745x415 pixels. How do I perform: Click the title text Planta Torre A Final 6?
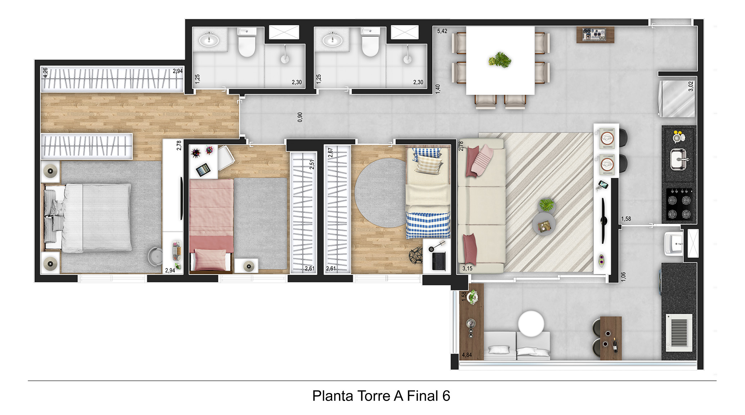[x=381, y=396]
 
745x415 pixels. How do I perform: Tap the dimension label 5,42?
[x=442, y=31]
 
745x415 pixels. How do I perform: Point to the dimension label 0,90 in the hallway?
[x=300, y=117]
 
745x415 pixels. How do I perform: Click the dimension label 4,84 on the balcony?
[x=467, y=355]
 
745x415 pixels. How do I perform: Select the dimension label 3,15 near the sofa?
[x=467, y=268]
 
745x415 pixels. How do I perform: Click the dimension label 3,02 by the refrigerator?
[x=691, y=86]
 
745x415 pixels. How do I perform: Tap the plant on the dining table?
[x=500, y=60]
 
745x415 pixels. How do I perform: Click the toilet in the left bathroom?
[x=247, y=43]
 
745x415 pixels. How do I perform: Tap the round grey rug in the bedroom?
[x=381, y=193]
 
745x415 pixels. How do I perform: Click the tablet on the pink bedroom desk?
[x=203, y=169]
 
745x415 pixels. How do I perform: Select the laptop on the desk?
[x=439, y=261]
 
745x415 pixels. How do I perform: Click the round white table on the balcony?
[x=531, y=323]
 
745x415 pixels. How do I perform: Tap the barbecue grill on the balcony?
[x=679, y=330]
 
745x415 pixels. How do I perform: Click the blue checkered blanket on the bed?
[x=428, y=225]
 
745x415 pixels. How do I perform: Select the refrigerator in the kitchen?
[x=677, y=98]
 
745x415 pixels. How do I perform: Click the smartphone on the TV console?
[x=603, y=185]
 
